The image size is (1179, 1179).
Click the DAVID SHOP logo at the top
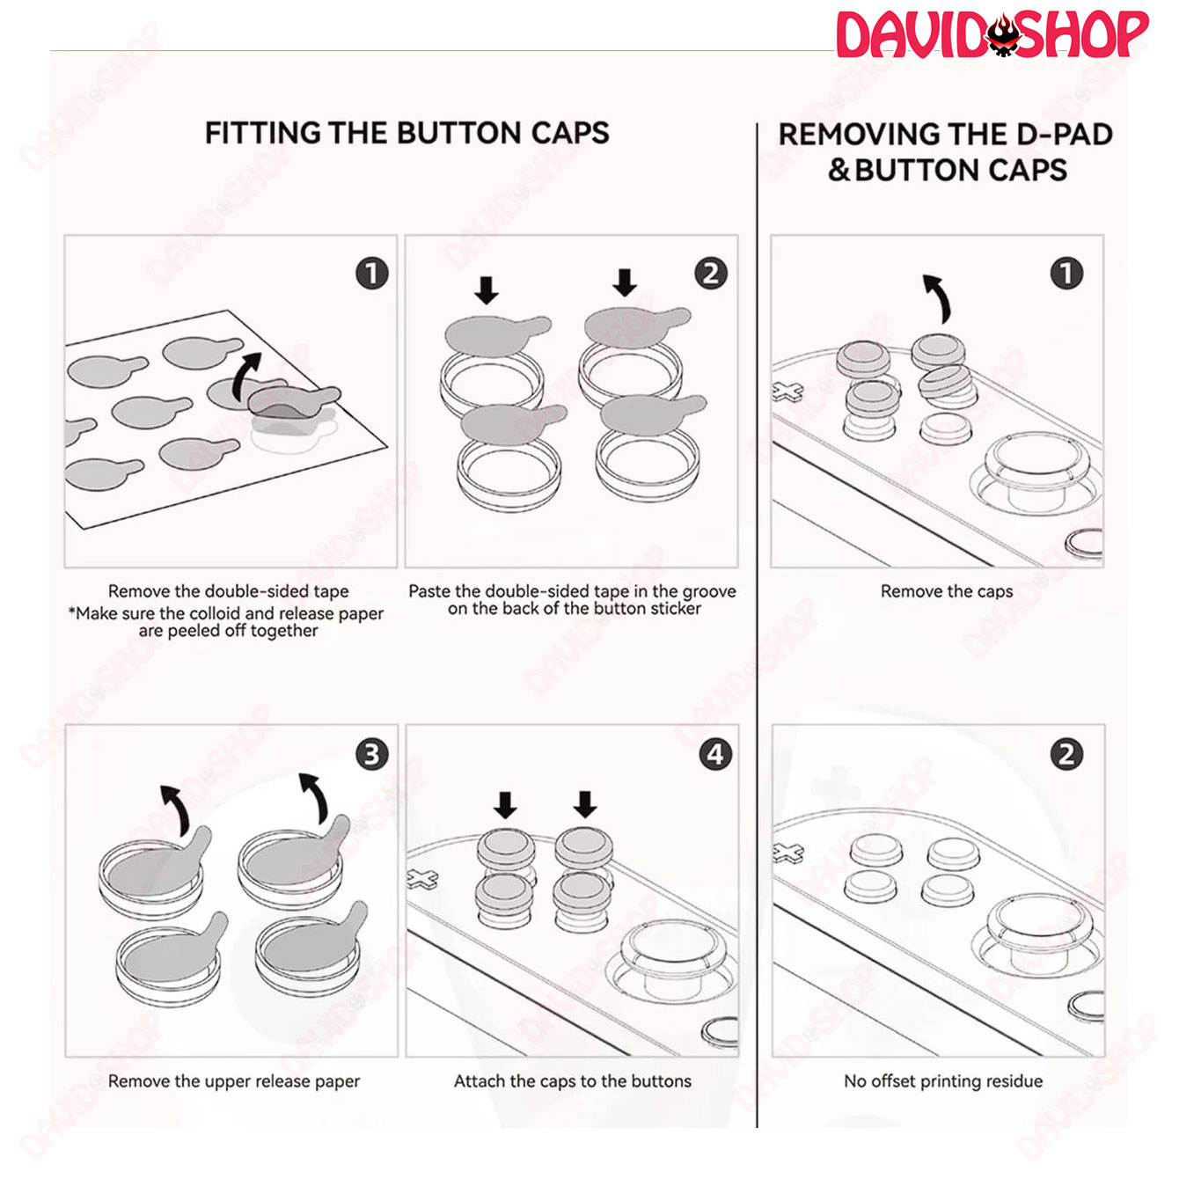992,35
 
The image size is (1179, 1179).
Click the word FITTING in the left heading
262,133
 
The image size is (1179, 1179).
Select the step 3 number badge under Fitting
372,754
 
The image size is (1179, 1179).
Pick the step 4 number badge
715,754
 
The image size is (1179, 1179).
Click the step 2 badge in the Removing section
1066,754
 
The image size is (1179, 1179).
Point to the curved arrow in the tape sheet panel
246,377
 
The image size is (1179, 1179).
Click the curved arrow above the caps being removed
938,298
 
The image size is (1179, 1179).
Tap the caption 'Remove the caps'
947,591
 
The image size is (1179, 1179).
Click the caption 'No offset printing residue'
943,1081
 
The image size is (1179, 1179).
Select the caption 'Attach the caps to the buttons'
572,1081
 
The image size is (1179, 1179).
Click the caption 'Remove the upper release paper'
234,1081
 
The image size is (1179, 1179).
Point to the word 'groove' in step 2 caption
708,591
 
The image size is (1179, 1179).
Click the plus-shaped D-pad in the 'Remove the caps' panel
787,391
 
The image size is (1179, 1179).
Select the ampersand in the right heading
838,171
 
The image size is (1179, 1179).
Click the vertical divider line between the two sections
757,626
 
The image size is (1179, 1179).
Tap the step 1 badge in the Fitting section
372,274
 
